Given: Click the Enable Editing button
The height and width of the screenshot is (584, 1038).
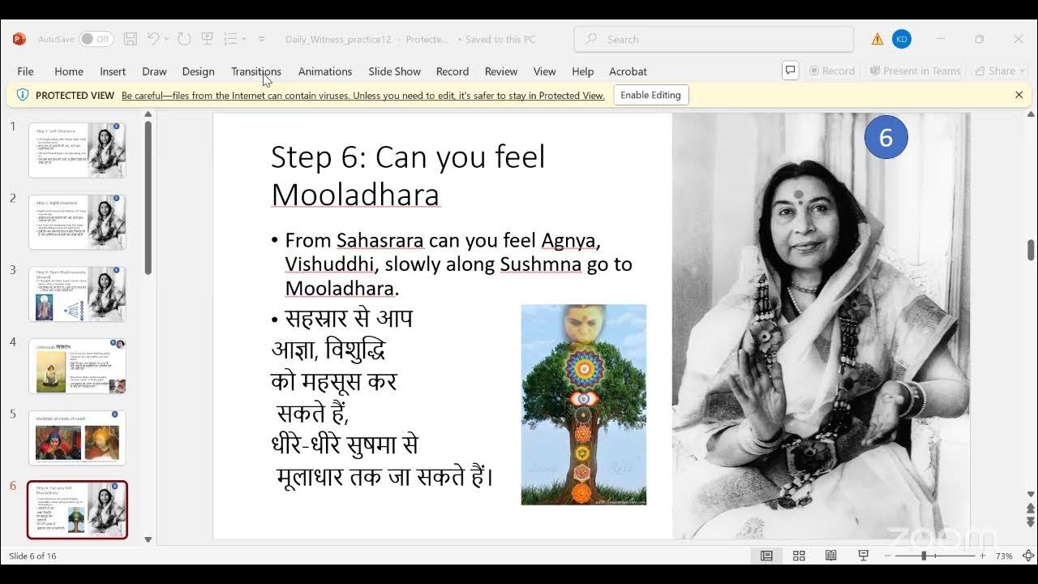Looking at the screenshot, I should (650, 95).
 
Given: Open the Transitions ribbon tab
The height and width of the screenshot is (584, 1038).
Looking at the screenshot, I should (255, 71).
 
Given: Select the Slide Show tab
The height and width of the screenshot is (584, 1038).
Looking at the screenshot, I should (394, 71).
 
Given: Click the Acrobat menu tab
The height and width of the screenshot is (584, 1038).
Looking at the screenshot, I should (628, 71).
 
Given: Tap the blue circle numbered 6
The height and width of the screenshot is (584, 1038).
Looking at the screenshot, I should (886, 137).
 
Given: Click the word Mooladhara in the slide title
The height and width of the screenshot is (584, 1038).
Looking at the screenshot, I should (355, 195).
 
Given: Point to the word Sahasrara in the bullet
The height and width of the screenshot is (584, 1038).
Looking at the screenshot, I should (380, 241).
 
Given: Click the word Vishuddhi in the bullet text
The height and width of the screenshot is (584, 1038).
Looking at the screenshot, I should (328, 264).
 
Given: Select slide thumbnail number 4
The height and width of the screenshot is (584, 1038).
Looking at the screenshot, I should (78, 366).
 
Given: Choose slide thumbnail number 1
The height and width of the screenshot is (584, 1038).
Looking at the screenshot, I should (78, 150).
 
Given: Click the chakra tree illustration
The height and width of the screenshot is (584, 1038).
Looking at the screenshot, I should (583, 405).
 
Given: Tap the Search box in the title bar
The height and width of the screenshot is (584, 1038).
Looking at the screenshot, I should (714, 39).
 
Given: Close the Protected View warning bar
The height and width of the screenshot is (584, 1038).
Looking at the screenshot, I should (1019, 95).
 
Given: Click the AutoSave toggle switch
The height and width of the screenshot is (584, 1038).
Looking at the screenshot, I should (97, 39).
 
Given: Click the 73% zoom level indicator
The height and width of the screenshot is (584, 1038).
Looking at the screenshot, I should (1004, 556).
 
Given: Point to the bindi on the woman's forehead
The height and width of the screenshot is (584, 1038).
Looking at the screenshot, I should (798, 195).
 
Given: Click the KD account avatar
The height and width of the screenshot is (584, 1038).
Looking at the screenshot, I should (901, 39).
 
